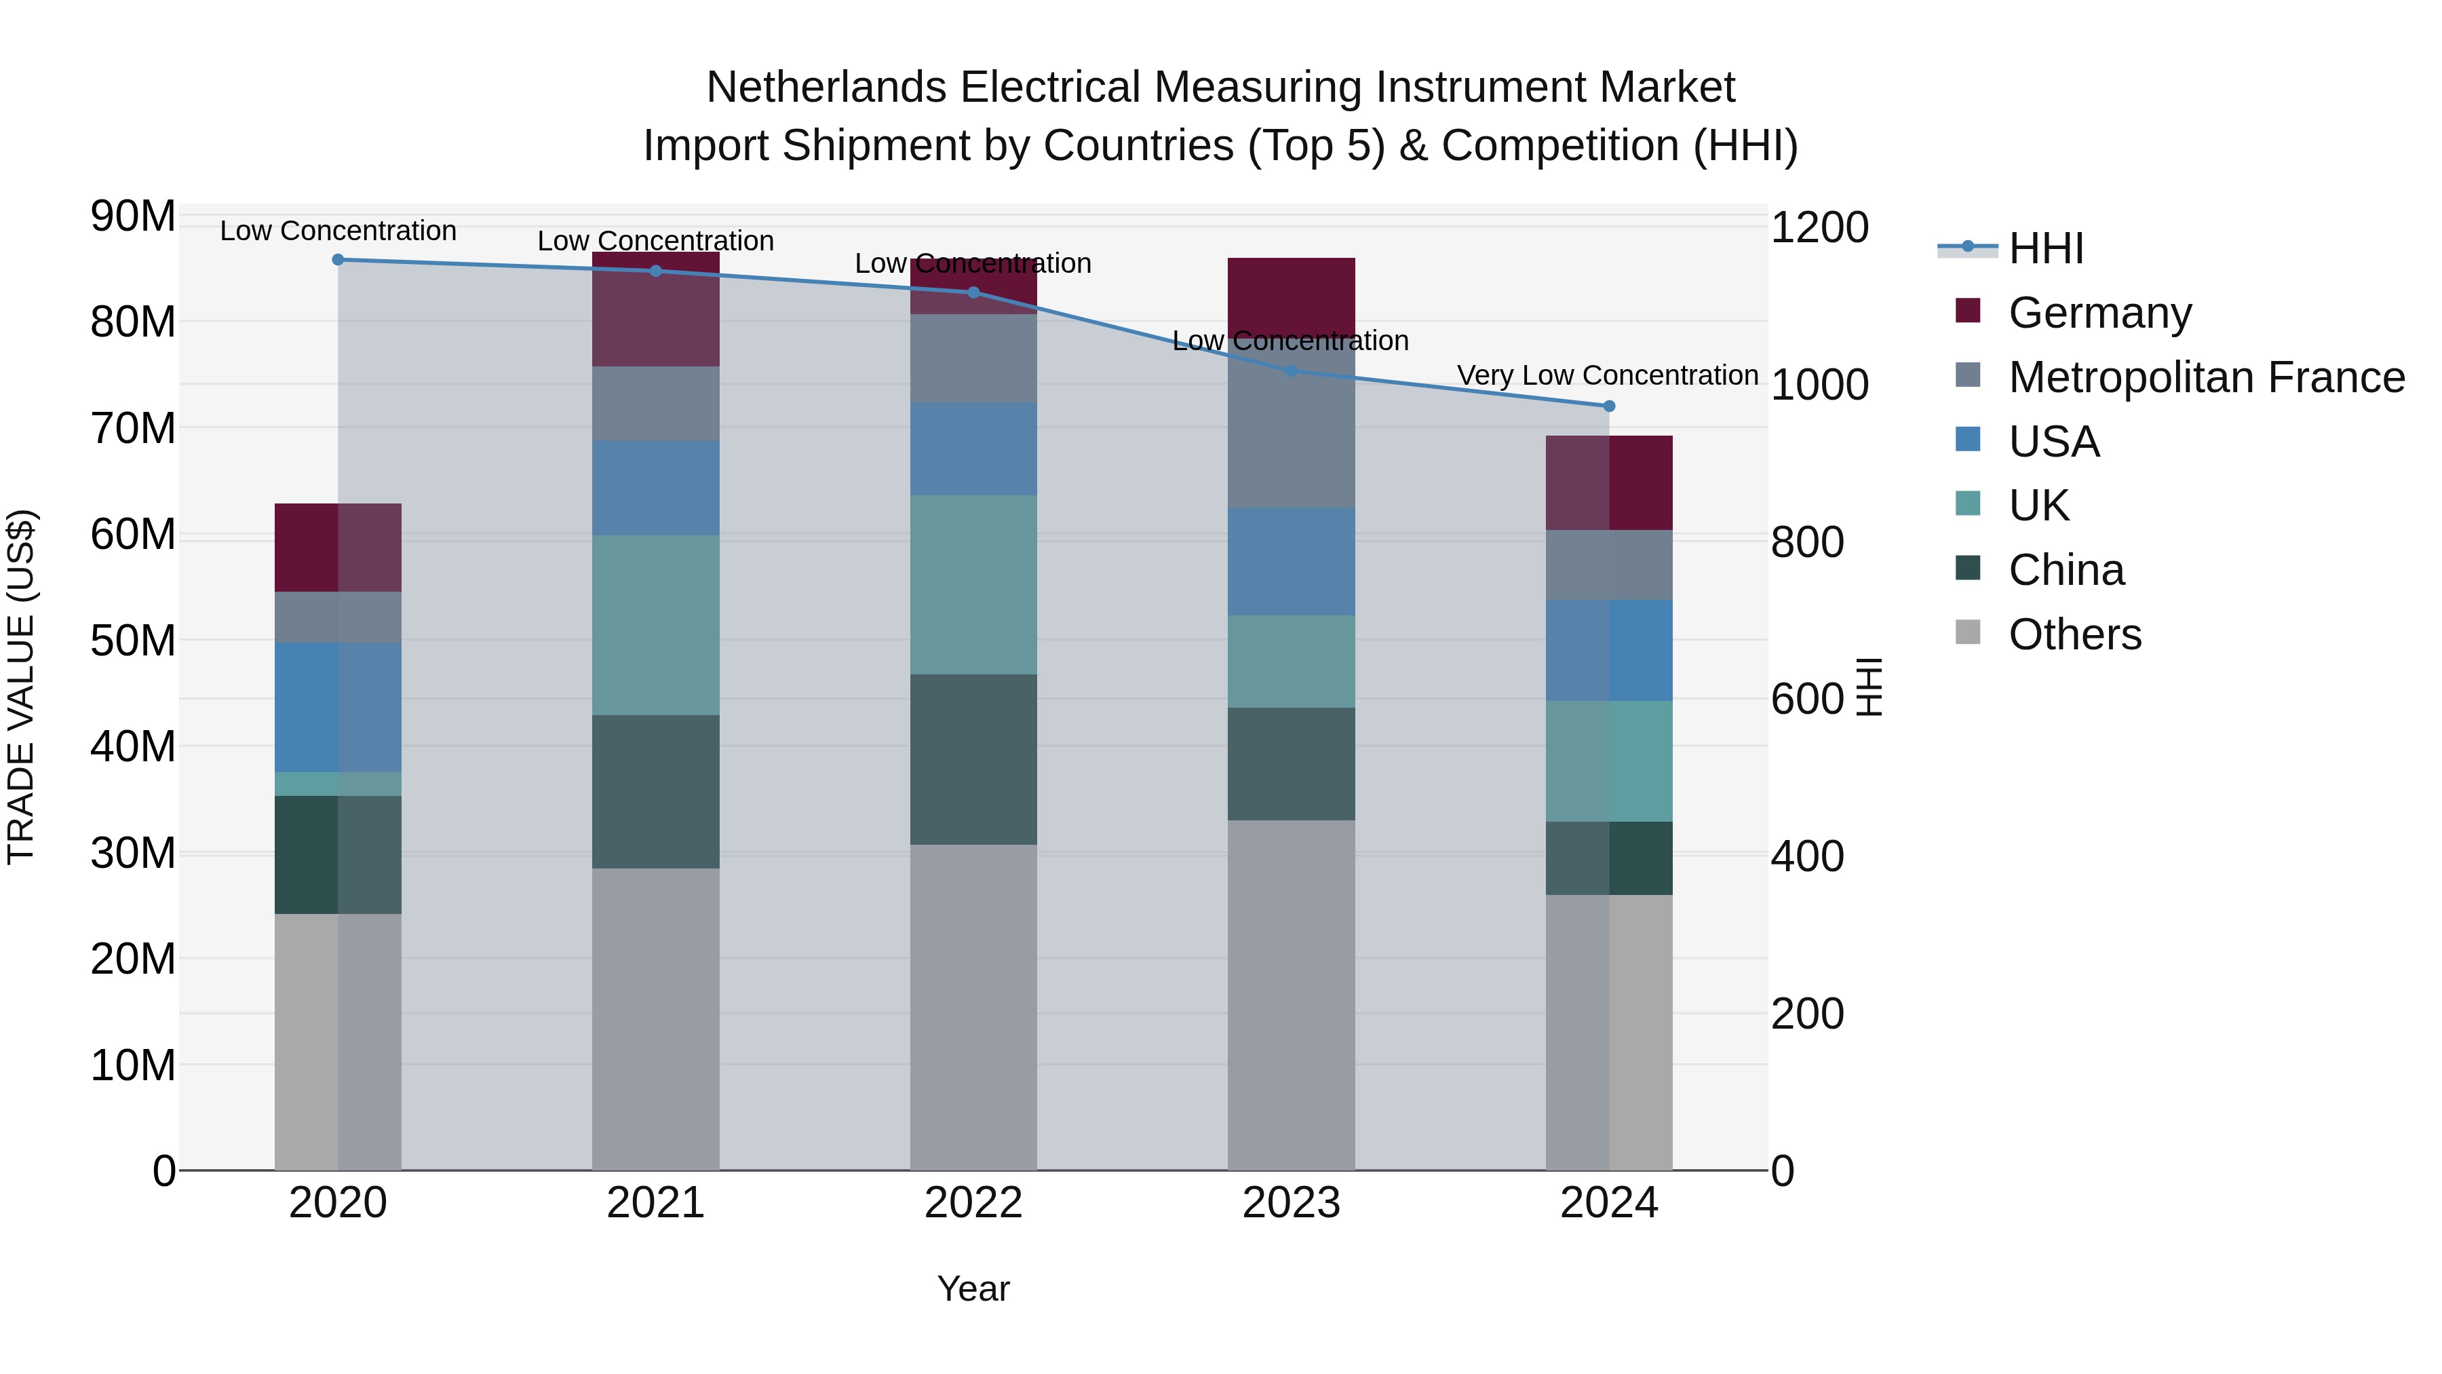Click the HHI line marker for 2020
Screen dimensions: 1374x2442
click(x=338, y=260)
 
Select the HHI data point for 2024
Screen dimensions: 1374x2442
click(x=1609, y=406)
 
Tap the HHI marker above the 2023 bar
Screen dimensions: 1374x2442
click(x=1291, y=370)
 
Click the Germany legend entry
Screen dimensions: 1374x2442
click(x=2099, y=313)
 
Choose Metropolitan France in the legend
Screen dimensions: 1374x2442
click(x=2206, y=377)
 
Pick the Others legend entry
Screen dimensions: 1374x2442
click(x=2074, y=634)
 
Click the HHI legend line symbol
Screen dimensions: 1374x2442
click(x=1967, y=248)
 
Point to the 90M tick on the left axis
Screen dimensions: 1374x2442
click(x=133, y=217)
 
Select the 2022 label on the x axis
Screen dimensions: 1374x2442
click(x=973, y=1203)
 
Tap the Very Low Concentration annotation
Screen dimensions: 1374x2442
click(x=1607, y=375)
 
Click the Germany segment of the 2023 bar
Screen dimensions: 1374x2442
click(x=1291, y=294)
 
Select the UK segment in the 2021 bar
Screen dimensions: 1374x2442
click(x=655, y=625)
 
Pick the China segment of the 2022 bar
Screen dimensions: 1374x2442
click(x=973, y=759)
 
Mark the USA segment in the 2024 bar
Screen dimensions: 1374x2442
click(x=1609, y=651)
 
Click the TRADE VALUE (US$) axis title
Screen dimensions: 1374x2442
click(x=21, y=687)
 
